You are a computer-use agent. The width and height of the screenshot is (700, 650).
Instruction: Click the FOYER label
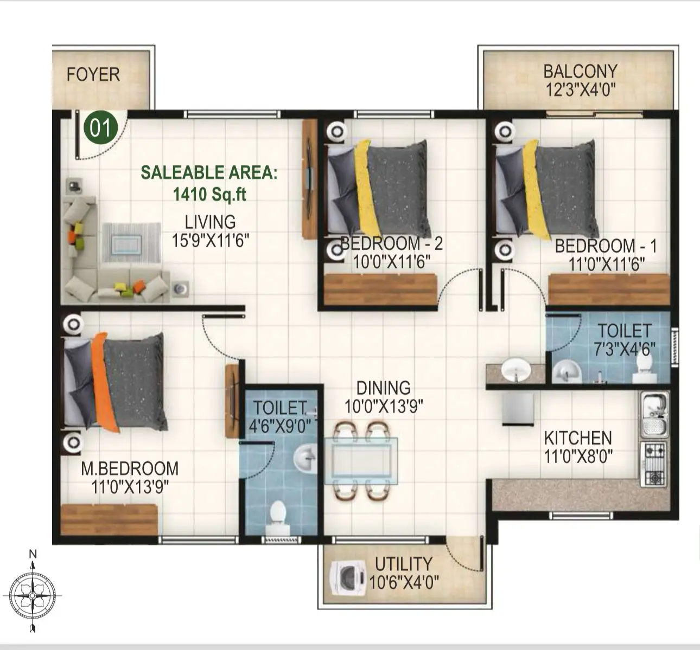[x=93, y=74]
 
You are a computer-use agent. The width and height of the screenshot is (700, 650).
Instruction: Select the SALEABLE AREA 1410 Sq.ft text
[x=209, y=183]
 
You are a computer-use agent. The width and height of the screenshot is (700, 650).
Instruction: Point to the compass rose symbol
[x=33, y=595]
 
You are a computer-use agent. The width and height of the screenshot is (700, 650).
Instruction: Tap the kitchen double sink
[x=655, y=415]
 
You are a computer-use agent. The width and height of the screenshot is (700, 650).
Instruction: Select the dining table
[x=361, y=460]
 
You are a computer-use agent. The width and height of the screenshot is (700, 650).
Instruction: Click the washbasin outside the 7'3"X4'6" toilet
[x=515, y=371]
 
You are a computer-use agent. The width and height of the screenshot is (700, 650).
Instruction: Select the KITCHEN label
[x=577, y=438]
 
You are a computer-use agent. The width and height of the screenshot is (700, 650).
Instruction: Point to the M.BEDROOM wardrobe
[x=109, y=519]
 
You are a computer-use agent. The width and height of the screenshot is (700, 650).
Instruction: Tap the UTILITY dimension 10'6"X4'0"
[x=404, y=583]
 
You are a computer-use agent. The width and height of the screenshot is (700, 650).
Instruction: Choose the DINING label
[x=383, y=388]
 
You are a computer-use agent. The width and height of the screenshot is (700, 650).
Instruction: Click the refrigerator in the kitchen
[x=518, y=409]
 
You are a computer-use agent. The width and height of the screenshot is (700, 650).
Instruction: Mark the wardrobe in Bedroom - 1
[x=608, y=289]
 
